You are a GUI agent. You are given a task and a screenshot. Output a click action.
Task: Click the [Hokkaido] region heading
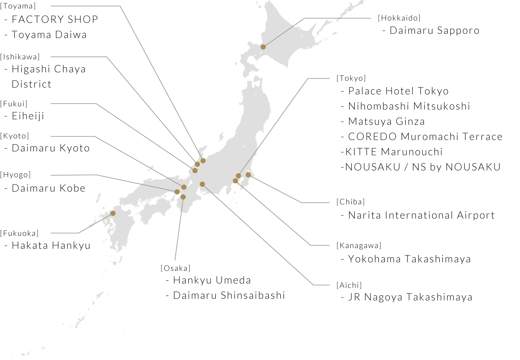tap(399, 18)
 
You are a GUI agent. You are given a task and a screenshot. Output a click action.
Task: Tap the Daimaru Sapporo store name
tap(434, 31)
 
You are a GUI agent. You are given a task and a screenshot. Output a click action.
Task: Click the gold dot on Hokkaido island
tap(263, 47)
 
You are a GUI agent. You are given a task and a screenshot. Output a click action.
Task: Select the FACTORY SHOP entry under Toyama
tap(55, 20)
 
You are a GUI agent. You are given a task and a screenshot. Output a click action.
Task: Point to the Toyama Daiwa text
tap(49, 35)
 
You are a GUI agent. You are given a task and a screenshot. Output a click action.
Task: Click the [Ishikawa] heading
tap(20, 57)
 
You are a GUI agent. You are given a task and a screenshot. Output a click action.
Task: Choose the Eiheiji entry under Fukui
tap(28, 116)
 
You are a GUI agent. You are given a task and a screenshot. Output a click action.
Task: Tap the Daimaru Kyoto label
tap(50, 148)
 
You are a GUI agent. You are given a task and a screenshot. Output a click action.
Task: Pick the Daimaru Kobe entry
tap(48, 189)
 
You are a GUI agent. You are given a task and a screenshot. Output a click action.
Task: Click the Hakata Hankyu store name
tap(51, 246)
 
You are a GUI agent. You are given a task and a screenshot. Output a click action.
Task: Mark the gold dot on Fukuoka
tap(113, 213)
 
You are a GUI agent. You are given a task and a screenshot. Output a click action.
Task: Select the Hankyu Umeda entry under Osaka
tap(212, 280)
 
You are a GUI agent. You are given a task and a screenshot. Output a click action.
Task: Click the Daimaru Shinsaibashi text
tap(229, 296)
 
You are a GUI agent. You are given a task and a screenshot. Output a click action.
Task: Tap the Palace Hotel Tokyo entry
tap(398, 91)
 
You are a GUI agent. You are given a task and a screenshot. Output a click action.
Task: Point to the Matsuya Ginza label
tap(386, 122)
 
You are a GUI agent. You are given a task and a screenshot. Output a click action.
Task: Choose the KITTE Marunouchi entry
tap(393, 152)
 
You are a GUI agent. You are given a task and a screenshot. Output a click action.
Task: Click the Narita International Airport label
tap(421, 215)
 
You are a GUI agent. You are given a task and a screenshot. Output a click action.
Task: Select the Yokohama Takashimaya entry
tap(409, 259)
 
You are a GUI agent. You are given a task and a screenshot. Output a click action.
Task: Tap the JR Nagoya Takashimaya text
tap(410, 297)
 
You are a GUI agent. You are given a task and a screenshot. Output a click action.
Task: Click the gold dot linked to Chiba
tap(248, 175)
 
